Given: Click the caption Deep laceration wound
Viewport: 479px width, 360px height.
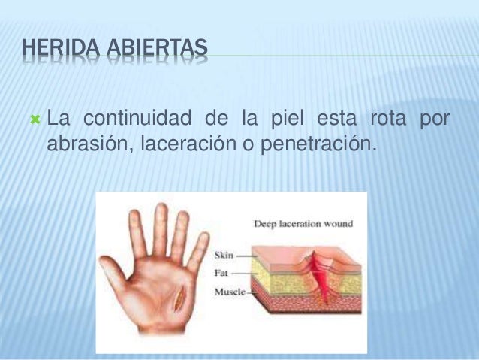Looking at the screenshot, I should tap(303, 223).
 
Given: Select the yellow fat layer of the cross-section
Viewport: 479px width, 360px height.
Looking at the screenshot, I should tap(278, 283).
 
